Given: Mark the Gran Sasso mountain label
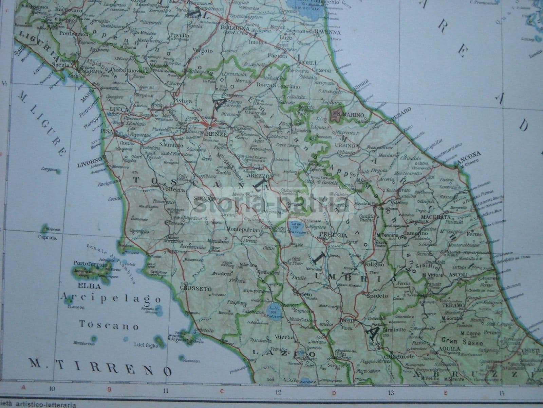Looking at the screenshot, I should click(463, 342).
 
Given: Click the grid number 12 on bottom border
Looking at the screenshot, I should click(278, 391).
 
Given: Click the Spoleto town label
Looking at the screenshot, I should click(377, 296).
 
